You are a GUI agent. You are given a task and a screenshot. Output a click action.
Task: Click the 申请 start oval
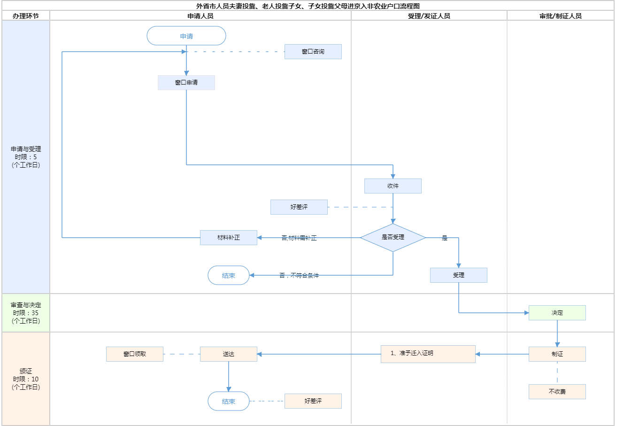coord(186,36)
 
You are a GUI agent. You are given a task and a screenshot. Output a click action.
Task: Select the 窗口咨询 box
coord(313,52)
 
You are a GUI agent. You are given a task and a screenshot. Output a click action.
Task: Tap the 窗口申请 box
coord(186,83)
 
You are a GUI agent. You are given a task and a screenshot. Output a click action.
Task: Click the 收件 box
coord(393,186)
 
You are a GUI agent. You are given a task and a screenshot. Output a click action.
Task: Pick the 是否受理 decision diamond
coord(393,238)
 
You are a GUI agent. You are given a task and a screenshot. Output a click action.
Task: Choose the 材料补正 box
coord(229,238)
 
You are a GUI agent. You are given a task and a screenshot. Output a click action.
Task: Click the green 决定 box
coord(557,313)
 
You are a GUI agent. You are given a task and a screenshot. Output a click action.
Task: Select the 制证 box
coord(557,354)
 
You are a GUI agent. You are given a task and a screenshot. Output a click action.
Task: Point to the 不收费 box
coord(557,392)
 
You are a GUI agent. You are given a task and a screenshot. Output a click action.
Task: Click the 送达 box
coord(229,354)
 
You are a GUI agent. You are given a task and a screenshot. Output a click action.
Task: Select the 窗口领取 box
coord(135,354)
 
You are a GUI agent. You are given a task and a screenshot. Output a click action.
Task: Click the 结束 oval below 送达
coord(229,402)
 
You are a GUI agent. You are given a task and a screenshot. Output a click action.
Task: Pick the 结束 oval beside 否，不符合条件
coord(229,276)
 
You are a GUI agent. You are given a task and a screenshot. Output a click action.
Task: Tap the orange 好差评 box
coord(313,401)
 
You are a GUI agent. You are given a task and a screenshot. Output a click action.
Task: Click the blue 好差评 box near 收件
coord(299,207)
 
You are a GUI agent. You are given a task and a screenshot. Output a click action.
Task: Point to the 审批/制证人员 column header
coord(561,16)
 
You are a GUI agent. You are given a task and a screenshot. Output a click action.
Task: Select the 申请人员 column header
coord(200,16)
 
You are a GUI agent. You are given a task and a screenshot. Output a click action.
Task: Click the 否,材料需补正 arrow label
coord(299,238)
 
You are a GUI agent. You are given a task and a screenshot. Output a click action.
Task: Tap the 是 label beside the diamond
coord(445,238)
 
